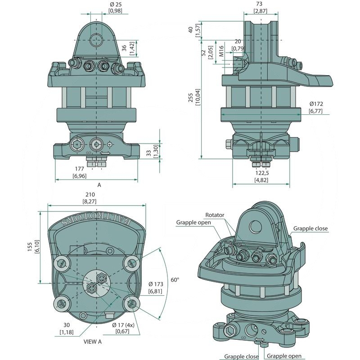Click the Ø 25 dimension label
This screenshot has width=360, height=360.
[x=116, y=4]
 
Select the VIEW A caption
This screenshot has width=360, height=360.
[x=93, y=342]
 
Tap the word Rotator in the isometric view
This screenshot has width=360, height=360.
[x=215, y=215]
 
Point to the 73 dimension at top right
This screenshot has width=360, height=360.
[x=261, y=4]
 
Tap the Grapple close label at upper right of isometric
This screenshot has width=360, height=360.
[x=310, y=229]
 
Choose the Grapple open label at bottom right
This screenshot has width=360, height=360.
[x=285, y=356]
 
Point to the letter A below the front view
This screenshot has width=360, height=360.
[x=99, y=184]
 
